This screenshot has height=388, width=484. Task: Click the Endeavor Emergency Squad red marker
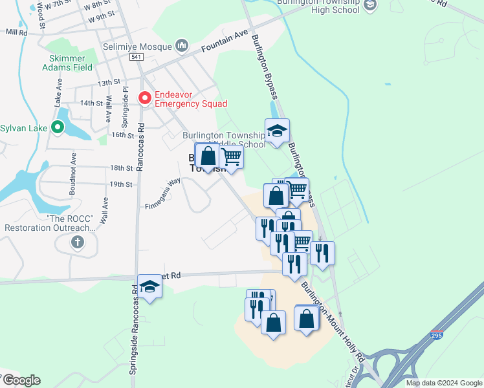click(x=145, y=98)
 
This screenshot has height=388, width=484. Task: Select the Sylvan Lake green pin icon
click(x=58, y=127)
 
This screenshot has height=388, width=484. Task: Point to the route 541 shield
click(x=136, y=58)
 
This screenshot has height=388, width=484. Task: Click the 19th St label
click(x=120, y=184)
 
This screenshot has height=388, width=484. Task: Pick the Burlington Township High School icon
click(x=369, y=6)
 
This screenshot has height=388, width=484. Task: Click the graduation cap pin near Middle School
click(x=277, y=131)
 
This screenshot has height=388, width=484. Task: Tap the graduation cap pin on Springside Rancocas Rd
click(x=149, y=286)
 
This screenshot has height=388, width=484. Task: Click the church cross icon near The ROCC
click(x=77, y=243)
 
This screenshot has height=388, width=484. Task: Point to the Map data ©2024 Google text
click(x=443, y=383)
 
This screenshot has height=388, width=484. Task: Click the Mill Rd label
click(x=16, y=32)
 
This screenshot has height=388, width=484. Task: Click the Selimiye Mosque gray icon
click(x=182, y=46)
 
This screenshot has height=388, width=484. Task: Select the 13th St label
click(x=109, y=83)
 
